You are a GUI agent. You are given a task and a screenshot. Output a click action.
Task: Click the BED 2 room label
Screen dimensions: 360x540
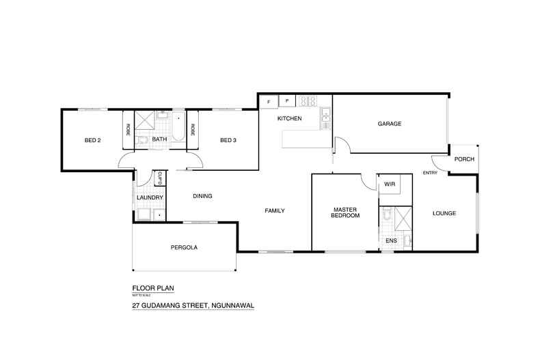coord(92,141)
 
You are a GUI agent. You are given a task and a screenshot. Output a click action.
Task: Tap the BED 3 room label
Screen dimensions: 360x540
coord(228,141)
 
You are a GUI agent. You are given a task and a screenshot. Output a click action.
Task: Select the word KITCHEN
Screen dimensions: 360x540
coord(289,119)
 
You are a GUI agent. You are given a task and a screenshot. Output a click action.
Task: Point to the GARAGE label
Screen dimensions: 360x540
coord(389,124)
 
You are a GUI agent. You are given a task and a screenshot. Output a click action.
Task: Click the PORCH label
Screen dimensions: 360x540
coord(464,159)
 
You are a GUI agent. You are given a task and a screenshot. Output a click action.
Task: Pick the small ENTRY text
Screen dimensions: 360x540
coord(430,173)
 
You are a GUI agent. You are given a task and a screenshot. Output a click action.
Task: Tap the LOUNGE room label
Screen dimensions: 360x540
coord(444,213)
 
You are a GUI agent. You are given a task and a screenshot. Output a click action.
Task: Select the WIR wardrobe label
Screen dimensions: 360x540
coord(390,184)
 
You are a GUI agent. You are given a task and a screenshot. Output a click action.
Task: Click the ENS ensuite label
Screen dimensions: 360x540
coord(391,241)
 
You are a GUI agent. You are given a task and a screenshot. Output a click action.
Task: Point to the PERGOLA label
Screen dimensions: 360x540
coord(184,247)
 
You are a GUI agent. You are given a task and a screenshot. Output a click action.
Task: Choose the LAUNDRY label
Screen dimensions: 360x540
coord(150,198)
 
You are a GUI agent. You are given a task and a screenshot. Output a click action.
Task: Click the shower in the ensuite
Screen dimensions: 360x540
coord(403,220)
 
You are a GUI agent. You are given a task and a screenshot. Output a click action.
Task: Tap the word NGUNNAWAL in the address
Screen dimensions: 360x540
coord(232,306)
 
